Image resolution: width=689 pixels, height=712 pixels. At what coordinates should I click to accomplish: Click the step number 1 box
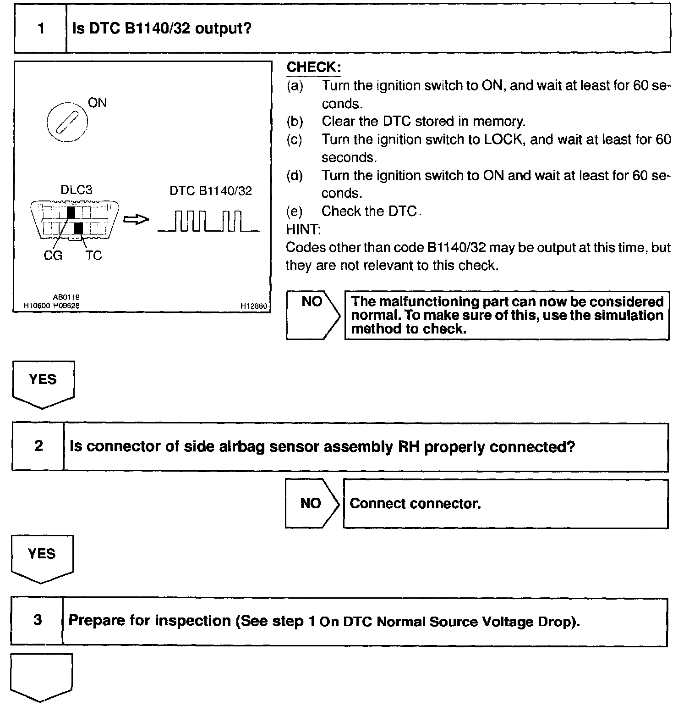[x=41, y=28]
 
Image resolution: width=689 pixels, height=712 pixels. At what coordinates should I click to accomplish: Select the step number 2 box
[x=38, y=446]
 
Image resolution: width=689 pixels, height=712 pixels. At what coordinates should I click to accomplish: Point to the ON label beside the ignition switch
[x=97, y=102]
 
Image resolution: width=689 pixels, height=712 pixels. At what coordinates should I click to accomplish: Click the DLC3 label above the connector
[x=77, y=190]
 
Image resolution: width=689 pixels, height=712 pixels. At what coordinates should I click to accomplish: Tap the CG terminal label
[x=53, y=256]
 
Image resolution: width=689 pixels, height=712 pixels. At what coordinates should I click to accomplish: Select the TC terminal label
[x=93, y=256]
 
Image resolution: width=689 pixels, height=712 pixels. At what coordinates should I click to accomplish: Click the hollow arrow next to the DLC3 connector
[x=136, y=220]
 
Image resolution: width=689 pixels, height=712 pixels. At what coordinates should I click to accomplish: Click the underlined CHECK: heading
[x=313, y=67]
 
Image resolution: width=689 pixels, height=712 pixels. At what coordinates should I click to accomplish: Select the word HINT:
[x=303, y=229]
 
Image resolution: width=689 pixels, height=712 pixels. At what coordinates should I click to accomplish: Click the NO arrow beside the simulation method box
[x=313, y=315]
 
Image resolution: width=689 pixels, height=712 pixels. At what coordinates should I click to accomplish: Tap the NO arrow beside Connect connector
[x=312, y=503]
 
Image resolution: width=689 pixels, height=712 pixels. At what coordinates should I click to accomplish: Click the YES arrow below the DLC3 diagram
[x=43, y=383]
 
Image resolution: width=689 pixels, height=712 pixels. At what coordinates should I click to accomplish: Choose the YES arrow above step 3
[x=42, y=557]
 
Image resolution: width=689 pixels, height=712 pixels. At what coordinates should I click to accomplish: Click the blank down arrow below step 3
[x=41, y=677]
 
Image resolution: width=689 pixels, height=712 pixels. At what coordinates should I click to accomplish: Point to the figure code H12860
[x=254, y=306]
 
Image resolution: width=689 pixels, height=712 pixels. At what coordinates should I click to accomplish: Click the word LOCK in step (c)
[x=503, y=139]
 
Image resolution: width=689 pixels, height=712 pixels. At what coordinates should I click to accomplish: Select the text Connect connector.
[x=415, y=504]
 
